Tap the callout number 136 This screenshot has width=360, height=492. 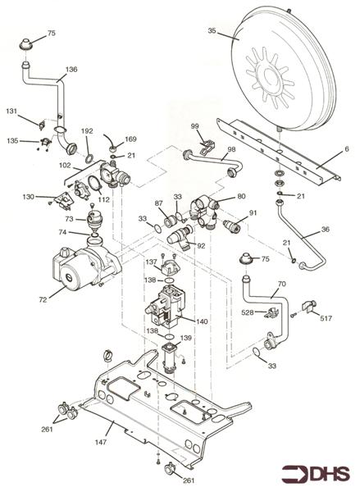[71, 70]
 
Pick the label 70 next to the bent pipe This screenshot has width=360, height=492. [281, 285]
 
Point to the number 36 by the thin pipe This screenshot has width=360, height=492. [326, 230]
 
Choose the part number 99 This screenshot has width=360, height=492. [195, 125]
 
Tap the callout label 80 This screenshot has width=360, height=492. [241, 196]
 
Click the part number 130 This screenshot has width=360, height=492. [29, 197]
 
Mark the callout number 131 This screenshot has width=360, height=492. [11, 111]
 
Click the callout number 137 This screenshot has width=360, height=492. [152, 262]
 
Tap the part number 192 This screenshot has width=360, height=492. [88, 130]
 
